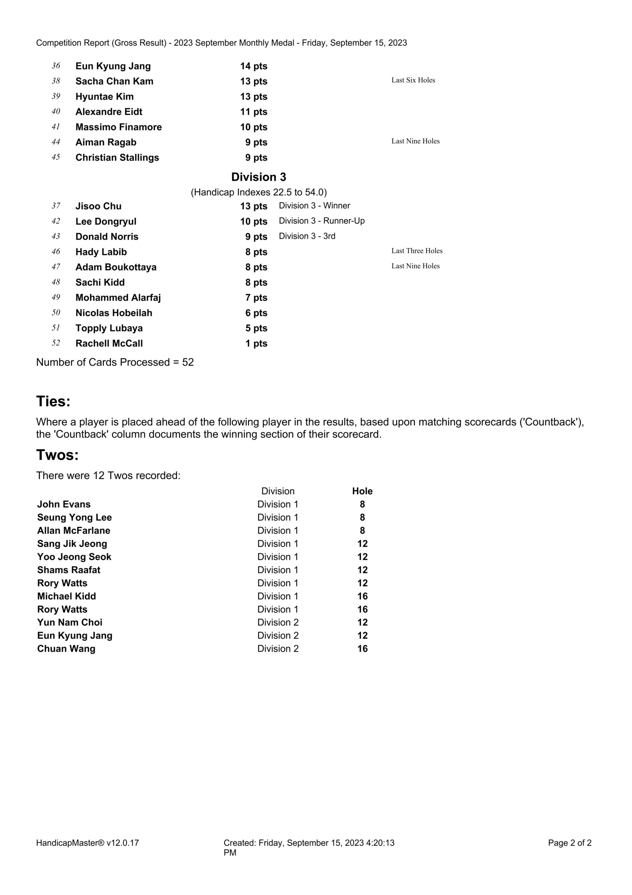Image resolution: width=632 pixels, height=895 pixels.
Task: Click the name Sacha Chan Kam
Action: (x=114, y=81)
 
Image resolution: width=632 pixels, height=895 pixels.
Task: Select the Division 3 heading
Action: (x=259, y=177)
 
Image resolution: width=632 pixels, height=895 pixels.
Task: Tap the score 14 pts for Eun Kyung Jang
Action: (x=254, y=66)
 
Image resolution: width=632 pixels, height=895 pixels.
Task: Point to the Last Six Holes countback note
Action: (x=413, y=80)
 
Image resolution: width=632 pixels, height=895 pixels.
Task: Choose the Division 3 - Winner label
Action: (x=314, y=206)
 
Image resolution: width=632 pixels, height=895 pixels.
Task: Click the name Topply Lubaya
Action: (x=109, y=328)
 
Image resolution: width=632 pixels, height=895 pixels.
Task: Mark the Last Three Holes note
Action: (x=417, y=251)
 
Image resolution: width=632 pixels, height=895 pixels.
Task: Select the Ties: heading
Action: (x=53, y=401)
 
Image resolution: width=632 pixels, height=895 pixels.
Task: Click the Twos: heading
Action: (x=57, y=455)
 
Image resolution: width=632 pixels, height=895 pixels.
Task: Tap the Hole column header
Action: (x=362, y=491)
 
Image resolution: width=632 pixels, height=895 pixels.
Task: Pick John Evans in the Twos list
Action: (x=64, y=504)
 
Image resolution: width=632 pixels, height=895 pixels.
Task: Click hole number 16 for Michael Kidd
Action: (x=362, y=596)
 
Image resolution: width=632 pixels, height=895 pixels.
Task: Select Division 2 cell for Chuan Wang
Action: (x=278, y=649)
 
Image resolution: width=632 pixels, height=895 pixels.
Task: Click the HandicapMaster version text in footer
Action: (x=87, y=843)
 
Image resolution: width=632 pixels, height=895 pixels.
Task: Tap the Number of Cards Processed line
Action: (x=115, y=362)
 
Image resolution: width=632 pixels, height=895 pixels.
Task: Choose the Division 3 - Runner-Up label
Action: (x=321, y=221)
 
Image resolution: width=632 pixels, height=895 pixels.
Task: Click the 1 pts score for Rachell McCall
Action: (x=256, y=343)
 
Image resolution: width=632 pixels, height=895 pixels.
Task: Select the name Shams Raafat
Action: (x=68, y=570)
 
